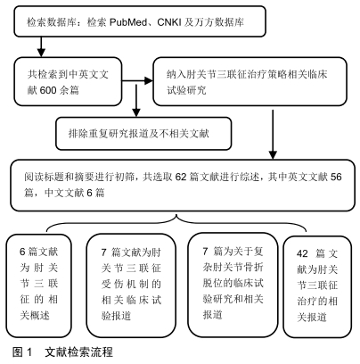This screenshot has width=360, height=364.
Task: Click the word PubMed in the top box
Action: click(x=128, y=22)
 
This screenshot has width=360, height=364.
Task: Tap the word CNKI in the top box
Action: click(x=169, y=22)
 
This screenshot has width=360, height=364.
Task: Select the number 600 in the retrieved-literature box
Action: click(x=48, y=90)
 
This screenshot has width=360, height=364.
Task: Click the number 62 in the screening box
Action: click(x=181, y=177)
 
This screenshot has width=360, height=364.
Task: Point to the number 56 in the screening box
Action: click(x=336, y=177)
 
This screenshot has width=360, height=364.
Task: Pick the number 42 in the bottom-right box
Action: click(x=302, y=253)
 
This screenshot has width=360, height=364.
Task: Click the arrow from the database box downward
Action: click(x=41, y=46)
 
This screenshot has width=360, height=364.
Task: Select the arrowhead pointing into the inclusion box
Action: click(x=148, y=80)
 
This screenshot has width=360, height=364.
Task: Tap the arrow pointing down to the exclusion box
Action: click(x=136, y=101)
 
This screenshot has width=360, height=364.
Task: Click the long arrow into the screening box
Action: click(x=273, y=135)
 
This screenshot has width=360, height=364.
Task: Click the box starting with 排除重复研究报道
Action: click(x=143, y=133)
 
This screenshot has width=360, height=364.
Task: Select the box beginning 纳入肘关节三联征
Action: click(x=250, y=81)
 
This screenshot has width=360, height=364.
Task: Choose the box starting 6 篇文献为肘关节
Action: click(x=39, y=285)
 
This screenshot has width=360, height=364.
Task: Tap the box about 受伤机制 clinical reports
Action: click(x=131, y=285)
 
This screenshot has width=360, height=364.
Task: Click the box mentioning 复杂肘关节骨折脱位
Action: click(x=233, y=285)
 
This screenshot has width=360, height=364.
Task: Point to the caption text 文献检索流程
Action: click(x=79, y=352)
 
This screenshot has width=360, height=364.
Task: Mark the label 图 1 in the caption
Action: click(x=22, y=352)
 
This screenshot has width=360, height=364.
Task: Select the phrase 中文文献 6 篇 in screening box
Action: click(x=75, y=193)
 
